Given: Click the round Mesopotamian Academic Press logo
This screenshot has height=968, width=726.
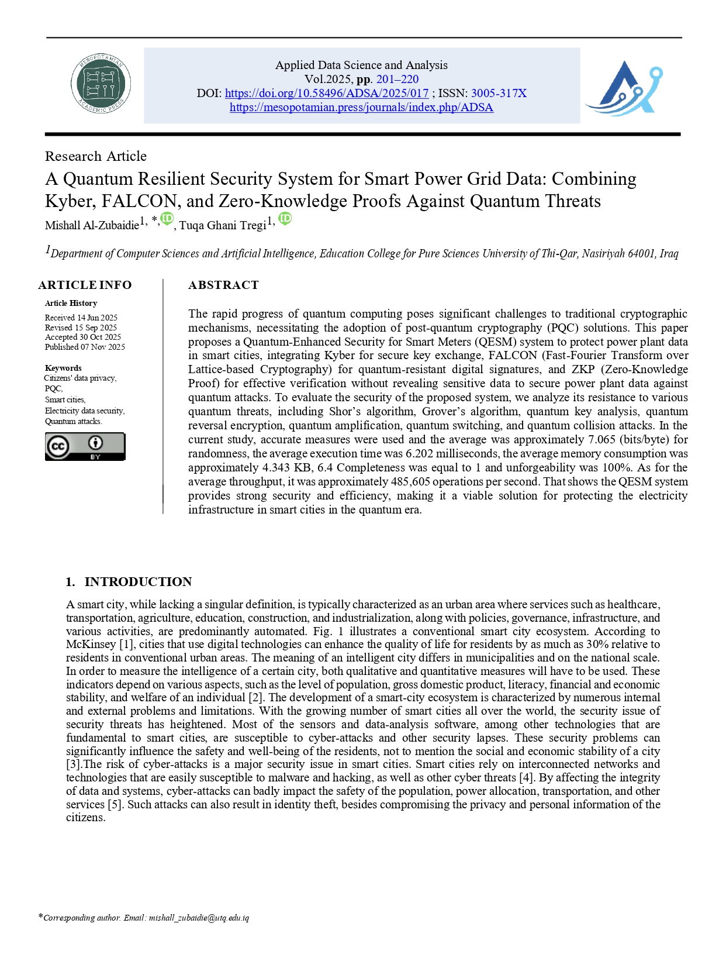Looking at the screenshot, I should coord(101,84).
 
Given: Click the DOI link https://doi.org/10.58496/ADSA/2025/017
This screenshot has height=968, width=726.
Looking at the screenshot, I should coord(326,94).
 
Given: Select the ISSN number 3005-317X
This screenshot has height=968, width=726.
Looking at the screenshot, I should coord(499,94).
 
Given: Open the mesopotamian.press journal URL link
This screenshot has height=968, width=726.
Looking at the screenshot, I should coord(361,108).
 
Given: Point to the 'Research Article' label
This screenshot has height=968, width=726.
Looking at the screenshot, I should coord(96,156).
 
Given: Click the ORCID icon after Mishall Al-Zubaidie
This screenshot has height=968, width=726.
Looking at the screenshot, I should coord(167,219).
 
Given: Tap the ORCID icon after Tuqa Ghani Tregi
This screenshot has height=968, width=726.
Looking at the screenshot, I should coord(285,219).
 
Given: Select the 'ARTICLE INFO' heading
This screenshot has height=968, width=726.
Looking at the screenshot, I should coord(85,285).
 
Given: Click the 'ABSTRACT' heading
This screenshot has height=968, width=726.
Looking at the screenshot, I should coord(223,285).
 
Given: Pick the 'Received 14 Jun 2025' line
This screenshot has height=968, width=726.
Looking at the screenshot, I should coord(81,318).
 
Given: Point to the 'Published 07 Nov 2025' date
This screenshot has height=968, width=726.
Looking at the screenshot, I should coord(85,347).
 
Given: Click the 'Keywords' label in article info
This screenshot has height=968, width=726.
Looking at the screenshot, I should coord(63,368).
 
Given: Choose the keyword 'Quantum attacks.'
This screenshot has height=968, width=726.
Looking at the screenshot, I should coord(74,421).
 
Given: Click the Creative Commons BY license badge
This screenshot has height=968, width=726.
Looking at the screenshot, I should coord(85,447).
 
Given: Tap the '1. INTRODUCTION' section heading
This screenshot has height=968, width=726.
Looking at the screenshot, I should coord(129,582).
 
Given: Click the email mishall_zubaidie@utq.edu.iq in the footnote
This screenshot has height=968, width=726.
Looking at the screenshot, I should coord(199,918).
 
